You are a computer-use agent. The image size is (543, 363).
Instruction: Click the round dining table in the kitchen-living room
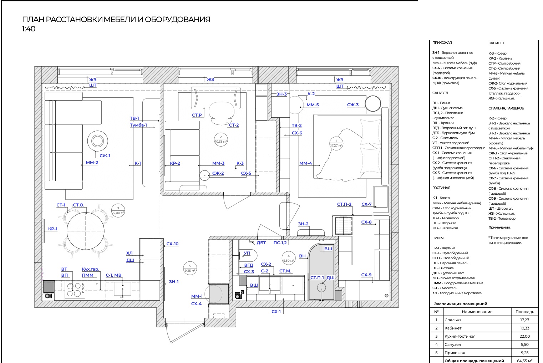tap(86, 231)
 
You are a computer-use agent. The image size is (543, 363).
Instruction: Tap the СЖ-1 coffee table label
tap(105, 156)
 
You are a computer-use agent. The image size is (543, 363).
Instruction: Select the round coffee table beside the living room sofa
tap(98, 141)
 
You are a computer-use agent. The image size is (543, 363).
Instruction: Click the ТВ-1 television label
tap(134, 118)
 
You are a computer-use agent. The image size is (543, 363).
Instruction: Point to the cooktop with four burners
tap(75, 290)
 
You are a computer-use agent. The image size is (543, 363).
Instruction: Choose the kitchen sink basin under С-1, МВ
tap(122, 289)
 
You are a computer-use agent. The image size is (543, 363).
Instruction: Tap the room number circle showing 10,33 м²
tap(221, 139)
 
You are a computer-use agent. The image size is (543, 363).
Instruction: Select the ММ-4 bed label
tap(305, 163)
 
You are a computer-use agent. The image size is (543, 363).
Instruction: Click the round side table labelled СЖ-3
tap(373, 103)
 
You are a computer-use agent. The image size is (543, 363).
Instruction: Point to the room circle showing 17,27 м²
tap(336, 143)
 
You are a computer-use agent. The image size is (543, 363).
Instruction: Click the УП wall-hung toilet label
tap(247, 253)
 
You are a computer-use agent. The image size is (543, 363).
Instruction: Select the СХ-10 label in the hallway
tap(172, 244)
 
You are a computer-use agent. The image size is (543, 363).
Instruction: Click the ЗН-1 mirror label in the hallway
tap(173, 282)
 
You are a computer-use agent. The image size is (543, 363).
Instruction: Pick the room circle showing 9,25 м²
tap(190, 269)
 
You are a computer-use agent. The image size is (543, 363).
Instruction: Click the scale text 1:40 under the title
tap(29, 29)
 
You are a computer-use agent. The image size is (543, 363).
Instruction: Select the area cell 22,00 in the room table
tap(524, 336)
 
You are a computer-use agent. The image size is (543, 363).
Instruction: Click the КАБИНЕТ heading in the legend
tap(496, 43)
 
